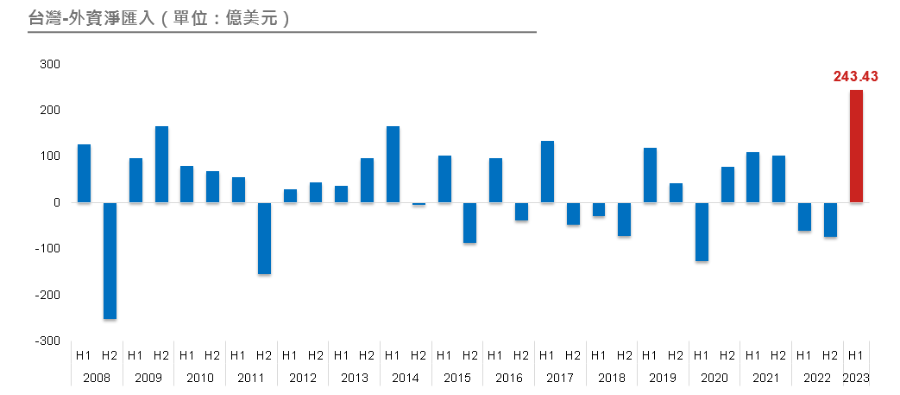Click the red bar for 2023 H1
point(856,146)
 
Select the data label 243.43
point(855,77)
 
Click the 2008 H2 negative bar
point(110,260)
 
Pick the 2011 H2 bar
point(264,238)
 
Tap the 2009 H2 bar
point(161,164)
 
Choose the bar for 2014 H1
point(393,164)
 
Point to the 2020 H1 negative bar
point(702,232)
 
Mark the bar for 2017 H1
point(547,171)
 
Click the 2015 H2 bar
point(469,222)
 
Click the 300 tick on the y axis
point(49,65)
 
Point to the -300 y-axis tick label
point(47,341)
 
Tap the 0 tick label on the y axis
point(55,202)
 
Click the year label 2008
point(97,378)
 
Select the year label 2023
point(856,378)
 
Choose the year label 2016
point(508,378)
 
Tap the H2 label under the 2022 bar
point(830,354)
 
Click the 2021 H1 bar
point(752,177)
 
